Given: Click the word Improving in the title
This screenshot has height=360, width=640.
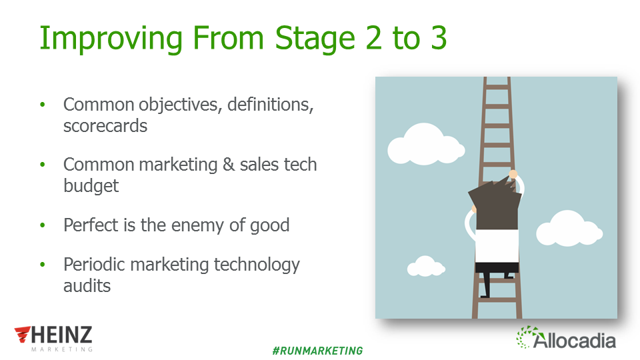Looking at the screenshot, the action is (111, 39).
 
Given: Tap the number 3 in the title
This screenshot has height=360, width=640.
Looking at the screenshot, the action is (439, 38).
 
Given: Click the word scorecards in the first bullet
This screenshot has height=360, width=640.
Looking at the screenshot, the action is (105, 126).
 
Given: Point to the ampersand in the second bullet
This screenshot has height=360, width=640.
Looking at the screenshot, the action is (229, 165).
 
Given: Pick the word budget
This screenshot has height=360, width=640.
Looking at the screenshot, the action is (91, 186).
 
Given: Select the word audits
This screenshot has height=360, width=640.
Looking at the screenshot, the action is (87, 286).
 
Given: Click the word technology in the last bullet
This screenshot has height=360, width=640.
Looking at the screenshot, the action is (257, 265).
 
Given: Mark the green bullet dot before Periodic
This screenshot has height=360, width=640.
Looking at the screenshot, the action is (43, 265).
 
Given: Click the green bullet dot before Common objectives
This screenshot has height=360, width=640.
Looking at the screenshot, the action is (43, 105).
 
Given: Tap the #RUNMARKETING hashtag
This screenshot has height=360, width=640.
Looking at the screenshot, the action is (317, 351).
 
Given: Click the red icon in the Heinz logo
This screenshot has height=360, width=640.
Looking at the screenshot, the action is (23, 334).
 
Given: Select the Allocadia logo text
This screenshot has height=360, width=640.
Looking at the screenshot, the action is (574, 340).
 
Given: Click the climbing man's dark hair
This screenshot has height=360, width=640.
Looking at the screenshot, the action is (495, 203).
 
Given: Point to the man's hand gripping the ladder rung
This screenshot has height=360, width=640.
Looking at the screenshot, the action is (513, 174).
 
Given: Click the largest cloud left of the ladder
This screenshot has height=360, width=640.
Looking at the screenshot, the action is (425, 144).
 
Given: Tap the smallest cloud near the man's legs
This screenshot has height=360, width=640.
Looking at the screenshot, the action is (426, 266).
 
